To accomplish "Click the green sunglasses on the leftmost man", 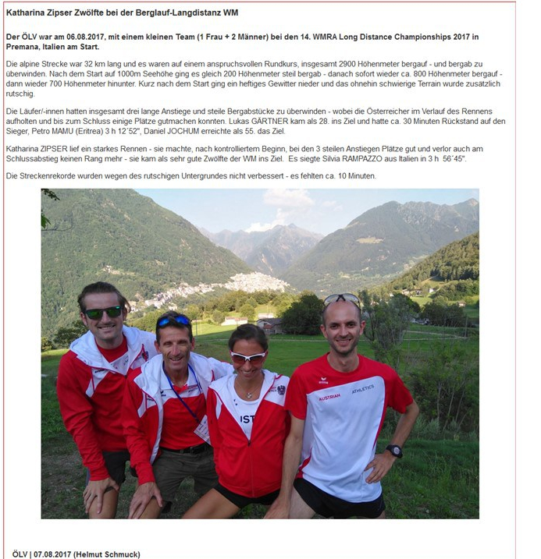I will click(103, 312).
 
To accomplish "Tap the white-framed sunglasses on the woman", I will click(249, 356).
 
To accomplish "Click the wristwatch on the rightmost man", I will click(395, 451).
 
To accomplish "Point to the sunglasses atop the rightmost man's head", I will click(341, 299).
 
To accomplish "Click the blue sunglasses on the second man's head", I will click(173, 320).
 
